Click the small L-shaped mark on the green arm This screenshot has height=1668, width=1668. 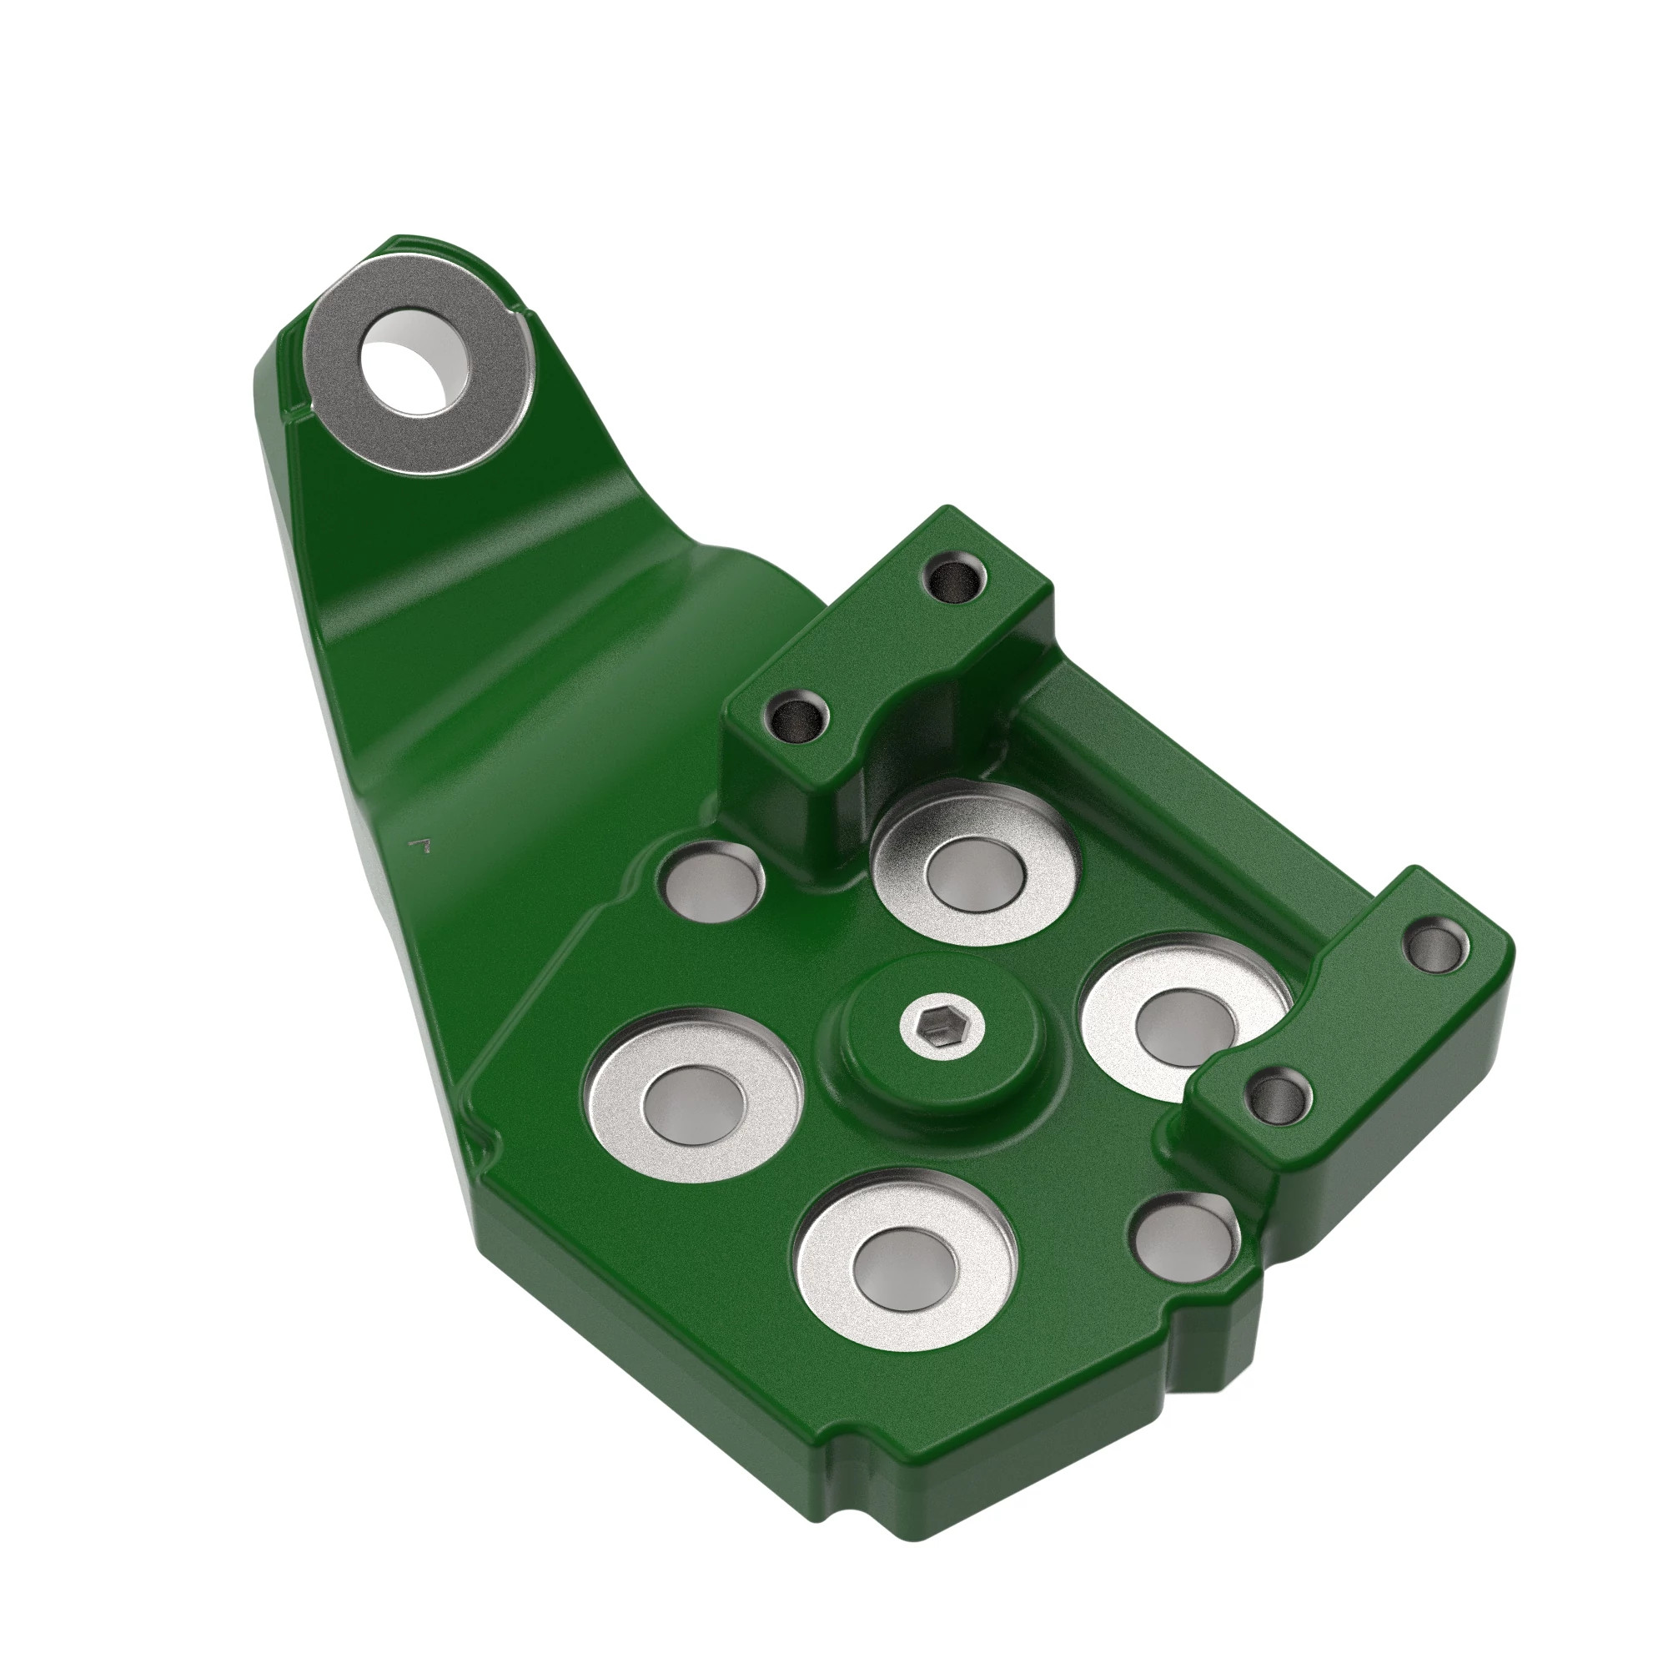(422, 842)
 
